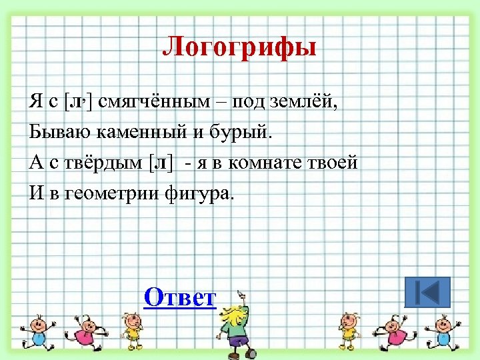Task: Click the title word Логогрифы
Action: click(239, 48)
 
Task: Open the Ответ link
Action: click(181, 297)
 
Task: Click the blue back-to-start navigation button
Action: click(427, 293)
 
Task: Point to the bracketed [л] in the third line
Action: click(160, 163)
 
